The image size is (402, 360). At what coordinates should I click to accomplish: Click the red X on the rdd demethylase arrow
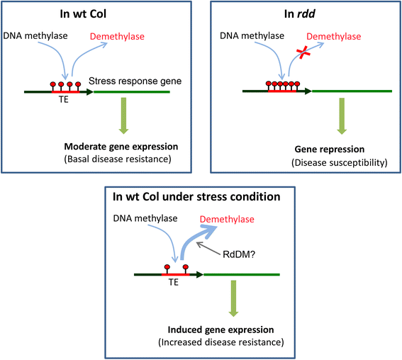303,52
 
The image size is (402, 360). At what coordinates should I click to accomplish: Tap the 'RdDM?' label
239,254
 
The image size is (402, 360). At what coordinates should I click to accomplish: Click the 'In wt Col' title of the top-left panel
83,14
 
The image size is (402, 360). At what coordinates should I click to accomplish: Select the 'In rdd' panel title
300,14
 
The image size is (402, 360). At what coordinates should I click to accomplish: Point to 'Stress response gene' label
135,81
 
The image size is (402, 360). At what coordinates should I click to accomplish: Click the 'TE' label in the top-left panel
64,99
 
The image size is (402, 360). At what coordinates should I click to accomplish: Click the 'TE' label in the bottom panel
173,282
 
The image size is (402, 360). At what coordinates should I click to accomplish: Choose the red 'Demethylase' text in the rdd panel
333,36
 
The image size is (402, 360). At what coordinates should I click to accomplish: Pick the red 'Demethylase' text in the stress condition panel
227,220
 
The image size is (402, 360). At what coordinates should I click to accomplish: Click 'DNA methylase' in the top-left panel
35,36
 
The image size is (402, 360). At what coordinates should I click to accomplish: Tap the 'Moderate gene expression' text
121,147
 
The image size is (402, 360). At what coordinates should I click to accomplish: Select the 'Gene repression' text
330,149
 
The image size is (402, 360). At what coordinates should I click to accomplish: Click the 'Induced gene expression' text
220,330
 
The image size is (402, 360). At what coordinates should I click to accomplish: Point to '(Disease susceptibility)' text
340,163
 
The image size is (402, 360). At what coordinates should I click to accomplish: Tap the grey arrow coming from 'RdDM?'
208,249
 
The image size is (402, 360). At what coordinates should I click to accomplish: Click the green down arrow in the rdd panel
342,116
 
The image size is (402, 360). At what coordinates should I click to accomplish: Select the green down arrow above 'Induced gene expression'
233,298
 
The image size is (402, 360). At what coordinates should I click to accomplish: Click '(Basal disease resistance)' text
118,159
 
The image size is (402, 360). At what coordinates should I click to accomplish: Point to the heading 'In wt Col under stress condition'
196,197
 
